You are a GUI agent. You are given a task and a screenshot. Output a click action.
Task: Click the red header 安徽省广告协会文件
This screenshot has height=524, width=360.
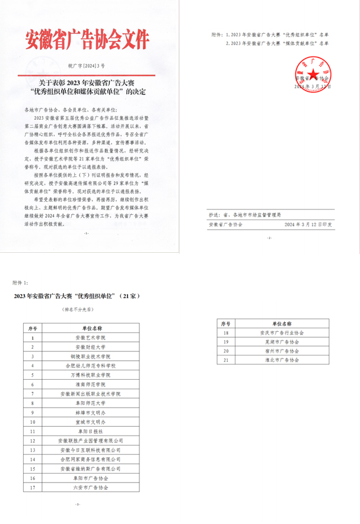pyautogui.click(x=87, y=40)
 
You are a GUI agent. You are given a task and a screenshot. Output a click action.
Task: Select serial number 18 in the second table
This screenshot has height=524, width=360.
pyautogui.click(x=225, y=334)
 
